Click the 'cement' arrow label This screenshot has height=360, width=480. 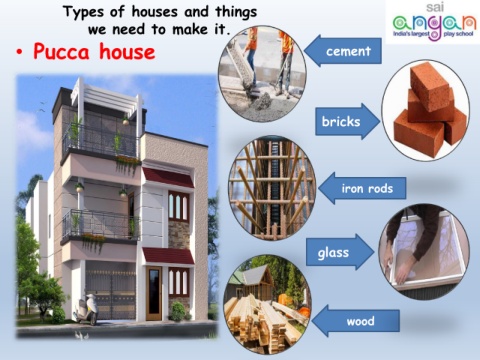click(x=349, y=51)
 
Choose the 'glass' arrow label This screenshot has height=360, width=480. click(x=335, y=252)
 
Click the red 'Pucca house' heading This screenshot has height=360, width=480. click(x=94, y=51)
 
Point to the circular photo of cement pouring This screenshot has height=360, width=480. click(x=262, y=73)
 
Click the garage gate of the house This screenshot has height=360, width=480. click(x=109, y=291)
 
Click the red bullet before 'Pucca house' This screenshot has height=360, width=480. click(x=21, y=52)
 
